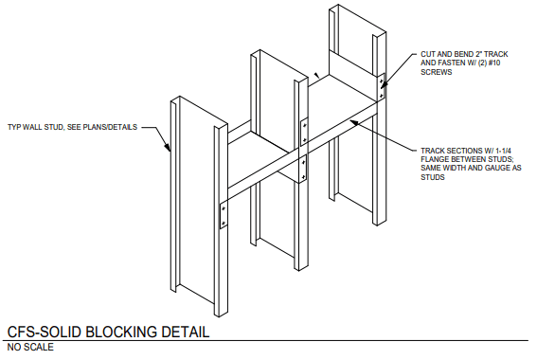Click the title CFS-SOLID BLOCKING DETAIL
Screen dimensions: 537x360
tap(108, 332)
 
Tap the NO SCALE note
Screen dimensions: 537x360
tap(30, 347)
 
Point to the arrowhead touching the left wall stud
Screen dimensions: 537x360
tap(167, 146)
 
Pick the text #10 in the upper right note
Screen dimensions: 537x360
tap(493, 63)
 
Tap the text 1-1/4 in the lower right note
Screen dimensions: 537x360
tap(502, 151)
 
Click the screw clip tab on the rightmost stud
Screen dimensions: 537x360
tap(381, 87)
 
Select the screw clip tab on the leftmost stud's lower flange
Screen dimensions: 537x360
tap(224, 215)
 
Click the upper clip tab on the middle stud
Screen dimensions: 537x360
tap(304, 132)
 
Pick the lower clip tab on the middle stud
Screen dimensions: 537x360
tap(303, 170)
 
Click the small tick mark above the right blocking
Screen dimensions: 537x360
tap(317, 75)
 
